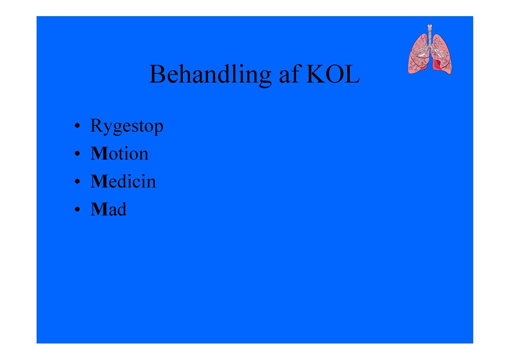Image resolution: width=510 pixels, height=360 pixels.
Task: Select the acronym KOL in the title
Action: tap(333, 74)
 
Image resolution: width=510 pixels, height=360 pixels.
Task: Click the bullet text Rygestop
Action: tap(127, 126)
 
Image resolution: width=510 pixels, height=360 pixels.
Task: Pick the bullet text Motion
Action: tap(119, 153)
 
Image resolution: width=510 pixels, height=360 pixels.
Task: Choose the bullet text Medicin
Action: tap(123, 181)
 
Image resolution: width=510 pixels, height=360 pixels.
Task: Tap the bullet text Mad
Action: tap(108, 209)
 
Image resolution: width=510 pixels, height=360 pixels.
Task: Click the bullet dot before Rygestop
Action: tap(77, 125)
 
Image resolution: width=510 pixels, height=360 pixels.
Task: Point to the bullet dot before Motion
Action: tap(77, 154)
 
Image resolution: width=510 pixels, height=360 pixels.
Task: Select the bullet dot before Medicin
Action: tap(77, 181)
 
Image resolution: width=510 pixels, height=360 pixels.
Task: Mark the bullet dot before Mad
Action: tap(77, 209)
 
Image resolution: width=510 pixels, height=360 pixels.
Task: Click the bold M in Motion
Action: tap(99, 154)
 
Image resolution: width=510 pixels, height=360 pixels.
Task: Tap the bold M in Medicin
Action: tap(99, 181)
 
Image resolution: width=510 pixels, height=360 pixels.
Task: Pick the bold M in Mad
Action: tap(99, 209)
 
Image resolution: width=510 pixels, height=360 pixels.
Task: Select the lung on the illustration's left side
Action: tap(418, 55)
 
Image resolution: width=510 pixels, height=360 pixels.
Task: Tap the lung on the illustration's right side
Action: tap(441, 55)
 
